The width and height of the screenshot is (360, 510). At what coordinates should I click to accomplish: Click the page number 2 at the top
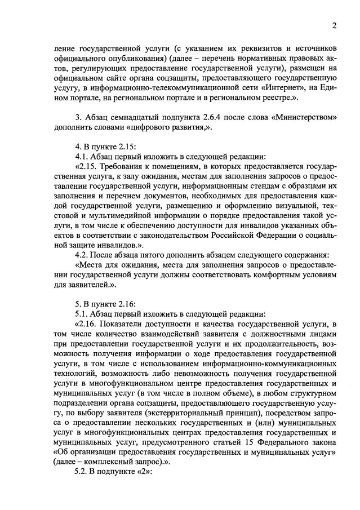click(334, 25)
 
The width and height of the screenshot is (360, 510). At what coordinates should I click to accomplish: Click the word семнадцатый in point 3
click(139, 117)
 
